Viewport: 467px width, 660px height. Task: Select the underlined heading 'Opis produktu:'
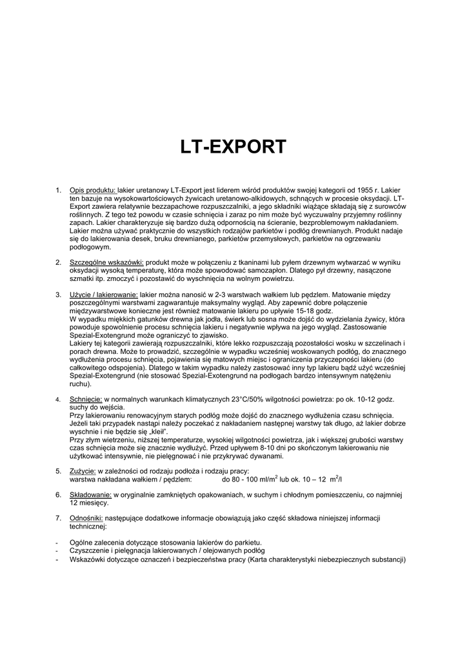point(93,191)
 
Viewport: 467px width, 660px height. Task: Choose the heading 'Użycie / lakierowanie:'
point(104,295)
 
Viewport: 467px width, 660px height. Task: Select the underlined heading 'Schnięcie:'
point(86,399)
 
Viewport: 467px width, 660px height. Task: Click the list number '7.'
point(59,518)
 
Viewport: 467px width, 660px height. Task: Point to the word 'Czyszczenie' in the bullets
point(89,551)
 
